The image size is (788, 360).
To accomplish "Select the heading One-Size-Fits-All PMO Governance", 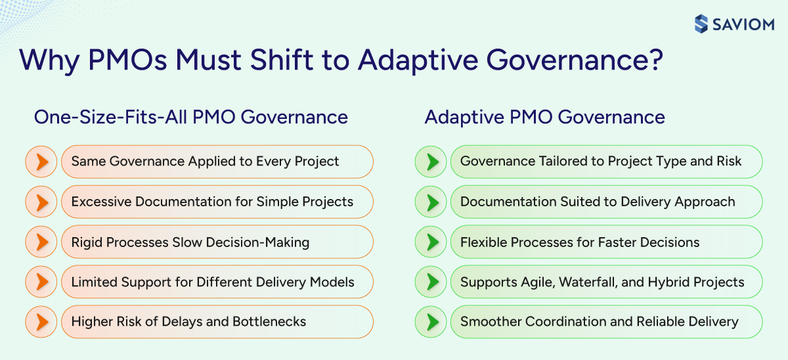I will coord(190,118).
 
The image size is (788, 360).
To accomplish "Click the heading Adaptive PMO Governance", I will coord(544,118).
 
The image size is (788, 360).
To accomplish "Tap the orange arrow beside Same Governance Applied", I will coord(41,162).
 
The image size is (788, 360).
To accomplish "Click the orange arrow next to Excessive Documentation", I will coord(41,202).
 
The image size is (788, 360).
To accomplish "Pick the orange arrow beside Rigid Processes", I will coord(41,242).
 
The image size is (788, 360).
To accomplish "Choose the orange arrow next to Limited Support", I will coord(41,282).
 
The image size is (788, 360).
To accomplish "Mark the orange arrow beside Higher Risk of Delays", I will coord(41,322).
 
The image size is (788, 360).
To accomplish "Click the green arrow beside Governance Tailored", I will coord(431,162).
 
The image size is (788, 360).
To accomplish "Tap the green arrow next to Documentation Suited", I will coord(431,202).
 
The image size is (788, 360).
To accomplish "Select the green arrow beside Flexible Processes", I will coord(431,242).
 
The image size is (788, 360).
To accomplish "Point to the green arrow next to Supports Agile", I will coord(431,282).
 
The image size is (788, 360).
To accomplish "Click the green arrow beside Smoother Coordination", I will coord(431,322).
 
